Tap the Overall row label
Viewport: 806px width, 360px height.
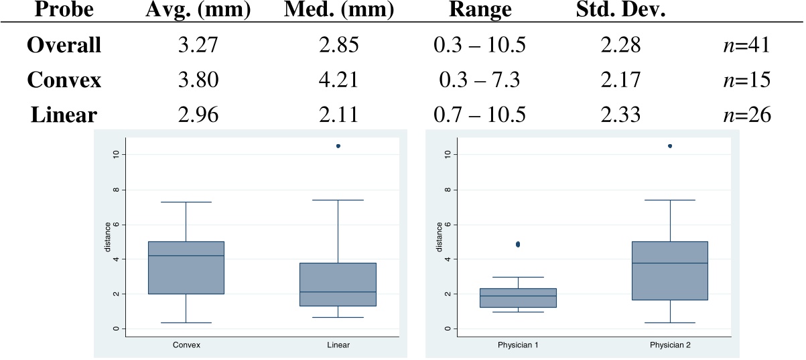(x=64, y=46)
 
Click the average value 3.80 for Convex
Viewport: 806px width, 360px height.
(x=194, y=80)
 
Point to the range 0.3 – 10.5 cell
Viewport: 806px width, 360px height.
(x=479, y=46)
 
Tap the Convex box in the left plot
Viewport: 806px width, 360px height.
(x=186, y=267)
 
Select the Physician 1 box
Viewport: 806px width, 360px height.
(x=518, y=298)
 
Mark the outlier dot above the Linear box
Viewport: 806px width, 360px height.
(x=338, y=145)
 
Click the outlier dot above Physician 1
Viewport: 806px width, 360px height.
(x=518, y=244)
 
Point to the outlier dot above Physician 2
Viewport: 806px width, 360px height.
(x=670, y=145)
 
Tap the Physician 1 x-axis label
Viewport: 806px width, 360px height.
(x=518, y=345)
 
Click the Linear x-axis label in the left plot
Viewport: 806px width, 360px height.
(x=338, y=345)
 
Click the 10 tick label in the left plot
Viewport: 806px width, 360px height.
(x=117, y=154)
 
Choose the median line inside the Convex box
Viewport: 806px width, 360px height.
(x=186, y=255)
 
